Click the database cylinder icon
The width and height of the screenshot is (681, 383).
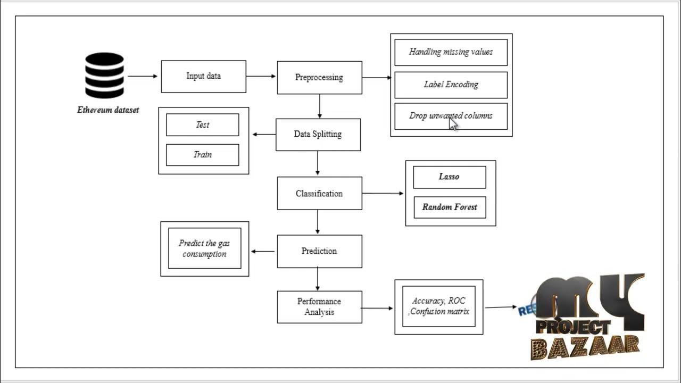[x=104, y=75]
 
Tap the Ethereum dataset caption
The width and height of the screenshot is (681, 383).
[x=108, y=110]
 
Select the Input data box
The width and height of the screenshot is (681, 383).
[x=203, y=77]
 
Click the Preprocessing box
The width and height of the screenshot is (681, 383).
[x=319, y=78]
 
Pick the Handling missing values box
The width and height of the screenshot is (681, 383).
[x=451, y=52]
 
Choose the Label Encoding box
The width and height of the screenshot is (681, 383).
[x=451, y=85]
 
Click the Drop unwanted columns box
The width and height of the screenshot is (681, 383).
[x=451, y=116]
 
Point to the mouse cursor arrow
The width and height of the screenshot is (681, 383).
[x=453, y=124]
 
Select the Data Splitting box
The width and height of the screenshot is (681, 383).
[x=318, y=135]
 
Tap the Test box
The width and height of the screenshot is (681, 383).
[x=202, y=125]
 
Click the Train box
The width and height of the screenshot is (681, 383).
[x=202, y=155]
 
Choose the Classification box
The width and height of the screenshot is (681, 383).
[x=319, y=194]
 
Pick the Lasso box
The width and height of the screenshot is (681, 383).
[x=449, y=177]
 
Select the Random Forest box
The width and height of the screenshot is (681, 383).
[x=450, y=207]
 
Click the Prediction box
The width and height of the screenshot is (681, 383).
[x=319, y=251]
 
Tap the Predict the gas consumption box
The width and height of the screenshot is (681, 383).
[x=204, y=249]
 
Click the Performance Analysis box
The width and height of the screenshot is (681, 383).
[x=319, y=307]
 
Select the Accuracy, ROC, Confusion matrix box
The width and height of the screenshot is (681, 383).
[x=438, y=307]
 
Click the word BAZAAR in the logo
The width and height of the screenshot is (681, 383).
[x=585, y=348]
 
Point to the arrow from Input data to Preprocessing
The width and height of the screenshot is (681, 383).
[x=261, y=76]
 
